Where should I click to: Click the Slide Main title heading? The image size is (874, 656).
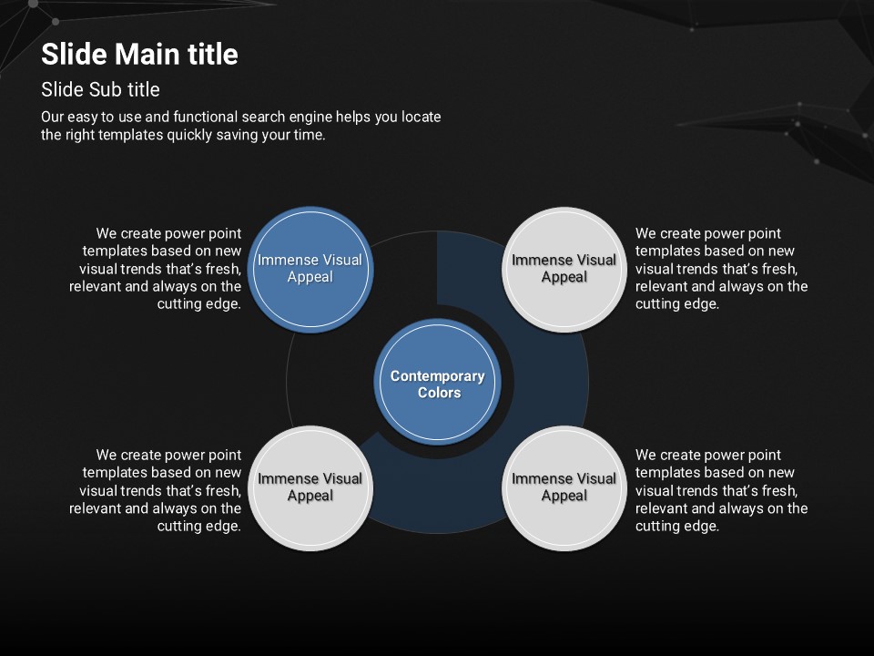[139, 55]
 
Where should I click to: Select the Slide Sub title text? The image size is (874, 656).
[100, 89]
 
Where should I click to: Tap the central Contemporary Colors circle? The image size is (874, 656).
[438, 383]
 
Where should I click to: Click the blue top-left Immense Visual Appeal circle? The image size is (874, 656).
[310, 269]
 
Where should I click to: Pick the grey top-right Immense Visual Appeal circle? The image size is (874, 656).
[564, 269]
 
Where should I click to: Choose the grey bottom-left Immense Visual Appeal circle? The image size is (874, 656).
[310, 487]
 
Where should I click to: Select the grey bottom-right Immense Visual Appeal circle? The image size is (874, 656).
[564, 487]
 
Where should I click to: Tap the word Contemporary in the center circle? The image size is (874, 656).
[438, 375]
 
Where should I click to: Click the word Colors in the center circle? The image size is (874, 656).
[439, 393]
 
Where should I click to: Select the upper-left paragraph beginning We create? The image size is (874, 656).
[157, 269]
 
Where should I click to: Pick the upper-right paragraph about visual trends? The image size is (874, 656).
[721, 269]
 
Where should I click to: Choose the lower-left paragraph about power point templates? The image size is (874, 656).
[157, 490]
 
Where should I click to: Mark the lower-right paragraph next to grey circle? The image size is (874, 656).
[721, 490]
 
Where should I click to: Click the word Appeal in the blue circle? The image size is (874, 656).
[310, 277]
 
